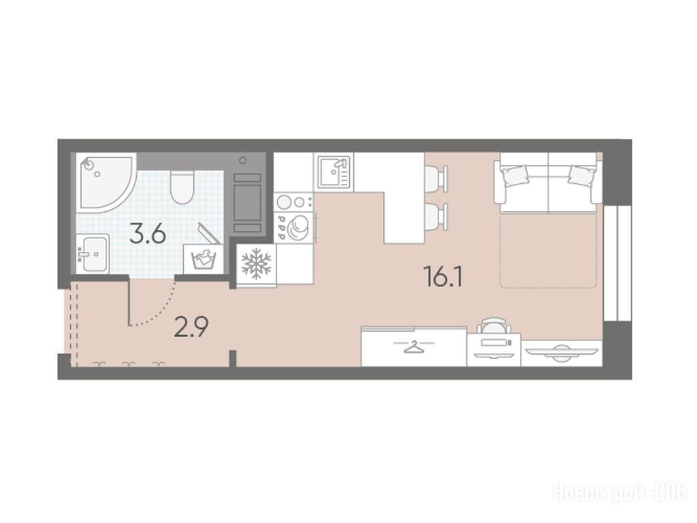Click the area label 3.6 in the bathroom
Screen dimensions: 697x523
tap(148, 234)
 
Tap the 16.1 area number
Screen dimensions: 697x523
tap(444, 276)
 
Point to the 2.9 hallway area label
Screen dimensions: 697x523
tap(191, 328)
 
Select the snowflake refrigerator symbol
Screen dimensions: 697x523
tap(256, 264)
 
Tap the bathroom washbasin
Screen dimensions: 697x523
tap(92, 254)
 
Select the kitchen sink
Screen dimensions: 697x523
tap(334, 172)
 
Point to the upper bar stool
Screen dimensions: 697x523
tap(436, 178)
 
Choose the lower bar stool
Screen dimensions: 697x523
tap(436, 217)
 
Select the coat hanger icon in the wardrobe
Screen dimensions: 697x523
tap(413, 346)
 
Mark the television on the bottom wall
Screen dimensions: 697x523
tap(562, 351)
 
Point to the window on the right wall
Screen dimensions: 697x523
tap(617, 263)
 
